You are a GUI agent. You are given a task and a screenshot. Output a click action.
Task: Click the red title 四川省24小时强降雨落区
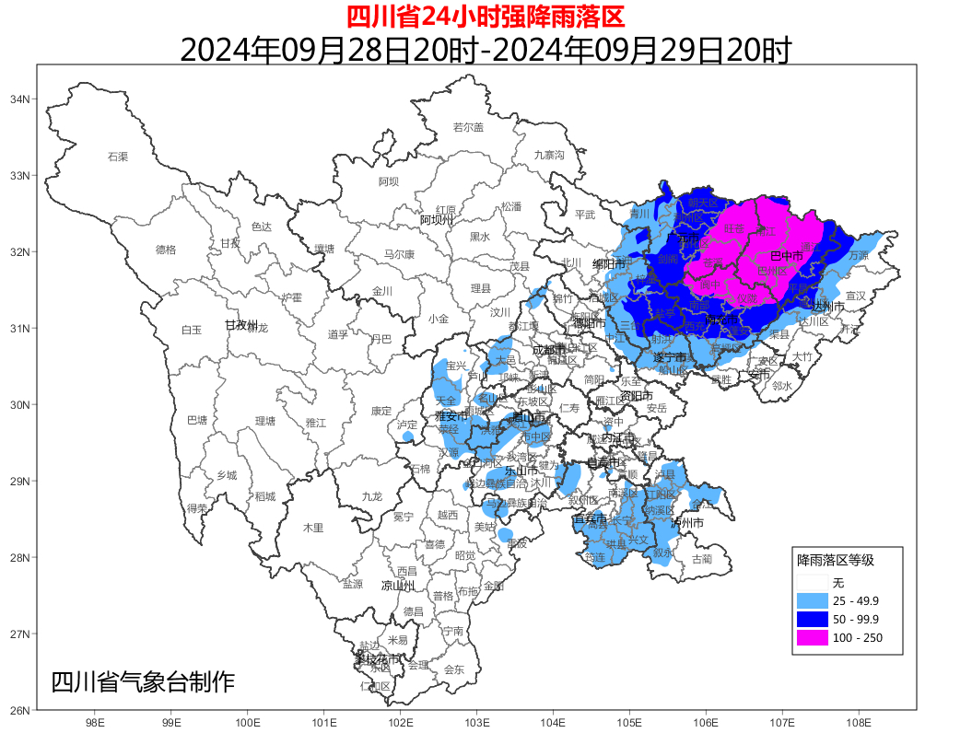[x=486, y=16]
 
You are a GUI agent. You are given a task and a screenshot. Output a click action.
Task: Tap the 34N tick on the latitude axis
[x=20, y=99]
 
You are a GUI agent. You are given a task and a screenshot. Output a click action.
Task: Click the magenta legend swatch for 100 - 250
[x=812, y=638]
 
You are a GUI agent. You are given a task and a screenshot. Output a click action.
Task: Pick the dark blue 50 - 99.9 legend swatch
[x=812, y=619]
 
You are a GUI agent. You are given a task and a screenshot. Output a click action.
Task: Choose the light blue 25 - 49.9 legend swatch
[x=812, y=600]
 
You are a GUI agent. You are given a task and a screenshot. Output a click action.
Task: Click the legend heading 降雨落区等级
[x=835, y=560]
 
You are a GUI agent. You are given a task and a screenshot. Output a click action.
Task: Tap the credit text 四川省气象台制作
[x=143, y=682]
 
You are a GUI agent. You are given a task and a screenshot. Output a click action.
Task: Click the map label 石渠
[x=118, y=157]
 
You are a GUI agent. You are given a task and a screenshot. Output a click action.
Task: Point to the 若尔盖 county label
[x=468, y=127]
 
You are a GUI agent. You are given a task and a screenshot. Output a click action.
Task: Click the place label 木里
[x=313, y=528]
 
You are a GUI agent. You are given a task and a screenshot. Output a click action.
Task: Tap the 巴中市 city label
[x=786, y=254]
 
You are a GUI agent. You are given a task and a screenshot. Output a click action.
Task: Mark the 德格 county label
[x=166, y=249]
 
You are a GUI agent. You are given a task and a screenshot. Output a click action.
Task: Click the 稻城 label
[x=264, y=496]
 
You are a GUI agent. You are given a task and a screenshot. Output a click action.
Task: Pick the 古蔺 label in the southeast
[x=701, y=559]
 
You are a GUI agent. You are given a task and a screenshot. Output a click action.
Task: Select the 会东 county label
[x=454, y=669]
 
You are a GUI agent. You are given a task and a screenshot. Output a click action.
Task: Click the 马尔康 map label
[x=399, y=254]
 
